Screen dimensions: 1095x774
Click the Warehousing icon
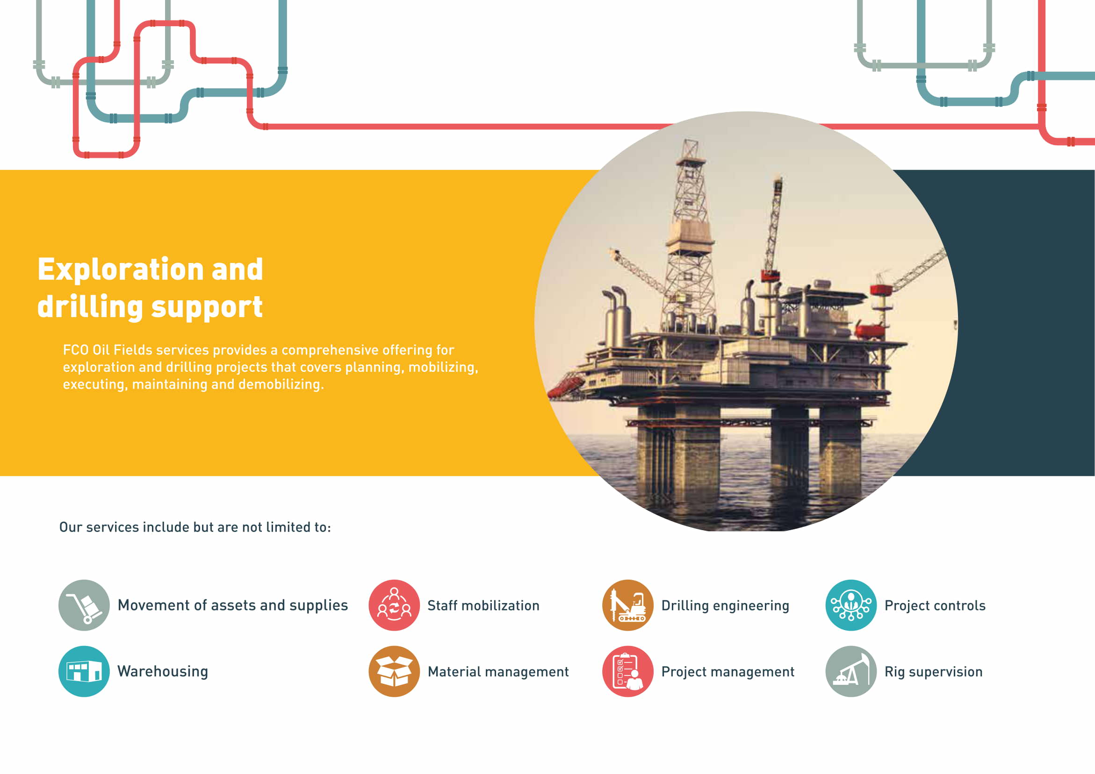(84, 671)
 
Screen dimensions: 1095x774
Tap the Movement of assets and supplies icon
(84, 605)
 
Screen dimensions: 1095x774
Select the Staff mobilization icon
(394, 605)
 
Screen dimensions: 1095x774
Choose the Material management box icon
(394, 671)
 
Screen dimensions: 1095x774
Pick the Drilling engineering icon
(627, 605)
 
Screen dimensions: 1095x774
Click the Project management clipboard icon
(627, 671)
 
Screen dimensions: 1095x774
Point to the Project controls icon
(851, 605)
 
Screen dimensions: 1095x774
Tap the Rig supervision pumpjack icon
(851, 671)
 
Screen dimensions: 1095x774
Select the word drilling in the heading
(90, 307)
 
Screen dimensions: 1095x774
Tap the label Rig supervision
(933, 672)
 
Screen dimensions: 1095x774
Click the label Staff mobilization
(483, 605)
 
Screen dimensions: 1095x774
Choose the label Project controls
(935, 606)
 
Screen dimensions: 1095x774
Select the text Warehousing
(163, 672)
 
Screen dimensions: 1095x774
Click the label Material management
(498, 672)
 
